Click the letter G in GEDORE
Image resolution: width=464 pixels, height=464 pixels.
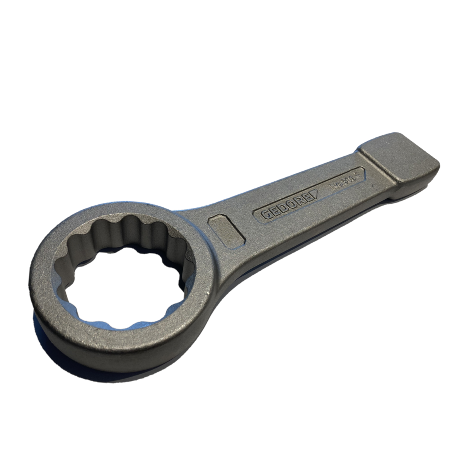click(x=264, y=216)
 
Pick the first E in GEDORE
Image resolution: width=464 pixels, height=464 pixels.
click(x=272, y=212)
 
